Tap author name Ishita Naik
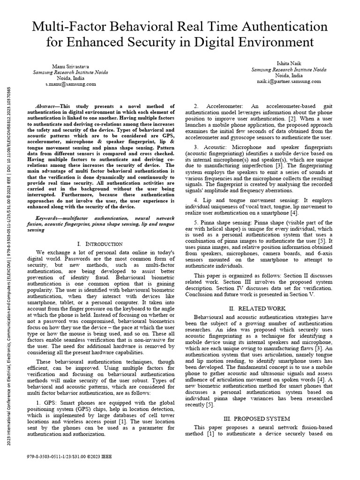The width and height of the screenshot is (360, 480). [x=288, y=63]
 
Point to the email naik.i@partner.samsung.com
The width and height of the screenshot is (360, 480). [x=288, y=81]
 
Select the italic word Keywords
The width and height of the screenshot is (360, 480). [x=50, y=218]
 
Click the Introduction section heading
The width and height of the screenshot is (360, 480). [x=100, y=244]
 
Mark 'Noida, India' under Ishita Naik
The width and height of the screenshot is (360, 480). [x=288, y=75]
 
